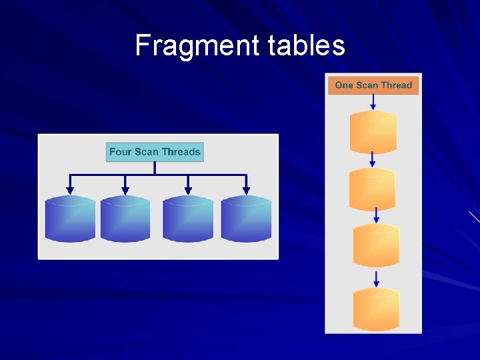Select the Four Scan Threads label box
tap(155, 152)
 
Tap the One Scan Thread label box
tap(373, 85)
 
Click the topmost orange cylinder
tap(373, 132)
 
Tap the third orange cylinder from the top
tap(376, 245)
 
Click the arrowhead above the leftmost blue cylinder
tap(70, 190)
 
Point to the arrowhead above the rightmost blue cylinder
tap(246, 190)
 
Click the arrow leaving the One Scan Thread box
tap(373, 102)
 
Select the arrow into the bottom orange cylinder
tap(376, 278)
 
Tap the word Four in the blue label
tap(121, 152)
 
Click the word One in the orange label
tap(343, 85)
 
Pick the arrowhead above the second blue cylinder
tap(125, 190)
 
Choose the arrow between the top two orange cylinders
tap(373, 160)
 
